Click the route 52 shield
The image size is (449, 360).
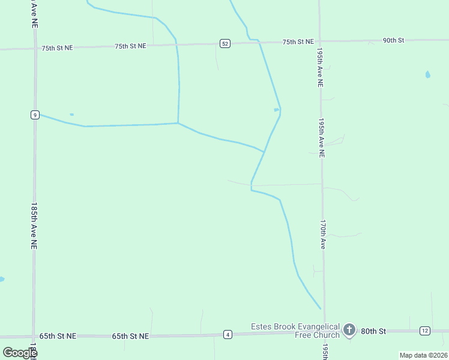point(224,43)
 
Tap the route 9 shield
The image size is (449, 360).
point(35,115)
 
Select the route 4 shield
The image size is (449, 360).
point(228,334)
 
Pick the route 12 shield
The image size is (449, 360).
point(424,331)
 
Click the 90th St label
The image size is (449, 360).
point(394,40)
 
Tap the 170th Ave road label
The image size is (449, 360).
point(323,234)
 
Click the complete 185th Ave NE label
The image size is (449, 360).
point(34,226)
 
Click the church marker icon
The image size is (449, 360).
point(349,329)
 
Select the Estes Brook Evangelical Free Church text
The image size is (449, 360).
point(295,331)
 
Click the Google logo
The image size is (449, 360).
point(20,352)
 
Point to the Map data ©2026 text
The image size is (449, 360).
point(423,355)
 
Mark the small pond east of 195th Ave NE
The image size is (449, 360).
point(427,75)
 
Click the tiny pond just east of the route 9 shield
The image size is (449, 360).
point(71,114)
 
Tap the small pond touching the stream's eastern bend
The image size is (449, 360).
point(276,109)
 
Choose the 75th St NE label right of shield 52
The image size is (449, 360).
point(298,41)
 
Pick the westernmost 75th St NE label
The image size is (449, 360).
point(58,47)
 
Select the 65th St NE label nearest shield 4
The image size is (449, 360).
point(130,337)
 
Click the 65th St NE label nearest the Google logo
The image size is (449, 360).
point(58,337)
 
